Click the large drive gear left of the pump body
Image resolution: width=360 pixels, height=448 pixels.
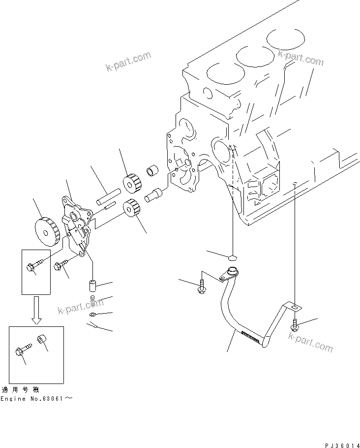pyautogui.click(x=46, y=230)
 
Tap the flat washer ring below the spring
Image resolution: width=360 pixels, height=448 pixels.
pyautogui.click(x=93, y=315)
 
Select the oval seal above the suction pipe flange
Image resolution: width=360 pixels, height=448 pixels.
pyautogui.click(x=233, y=257)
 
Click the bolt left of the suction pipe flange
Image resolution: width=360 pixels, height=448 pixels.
pyautogui.click(x=202, y=288)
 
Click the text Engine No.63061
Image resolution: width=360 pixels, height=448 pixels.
pyautogui.click(x=37, y=397)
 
